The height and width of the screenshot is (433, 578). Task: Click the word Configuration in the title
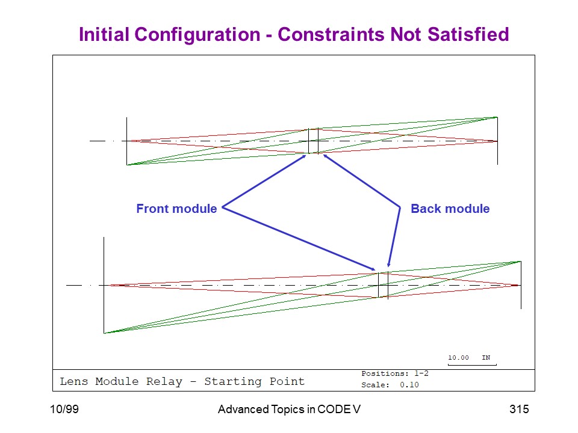click(197, 35)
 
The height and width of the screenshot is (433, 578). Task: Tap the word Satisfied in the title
click(468, 34)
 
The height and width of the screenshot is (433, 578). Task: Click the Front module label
click(176, 209)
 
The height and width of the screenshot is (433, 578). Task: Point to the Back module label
click(450, 209)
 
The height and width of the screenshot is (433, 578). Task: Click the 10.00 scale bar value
click(458, 357)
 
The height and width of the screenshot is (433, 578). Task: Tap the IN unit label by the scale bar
click(486, 357)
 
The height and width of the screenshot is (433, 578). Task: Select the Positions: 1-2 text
click(395, 373)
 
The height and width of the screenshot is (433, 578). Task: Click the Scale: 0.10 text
click(390, 385)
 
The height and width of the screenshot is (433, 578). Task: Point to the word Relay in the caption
click(164, 381)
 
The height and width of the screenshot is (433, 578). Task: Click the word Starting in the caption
click(233, 382)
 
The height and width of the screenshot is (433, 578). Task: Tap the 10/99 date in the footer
click(64, 409)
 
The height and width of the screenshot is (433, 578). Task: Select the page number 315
click(519, 409)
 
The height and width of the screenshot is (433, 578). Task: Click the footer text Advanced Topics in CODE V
click(289, 409)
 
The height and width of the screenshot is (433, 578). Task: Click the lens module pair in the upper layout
click(313, 141)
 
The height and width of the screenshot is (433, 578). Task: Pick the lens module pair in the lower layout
click(384, 285)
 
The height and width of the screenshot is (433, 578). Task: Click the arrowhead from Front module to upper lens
click(304, 156)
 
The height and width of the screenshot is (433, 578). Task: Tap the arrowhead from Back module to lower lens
click(388, 265)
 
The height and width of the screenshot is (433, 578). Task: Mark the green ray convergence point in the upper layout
click(497, 117)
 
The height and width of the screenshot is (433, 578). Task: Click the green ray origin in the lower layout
click(104, 333)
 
